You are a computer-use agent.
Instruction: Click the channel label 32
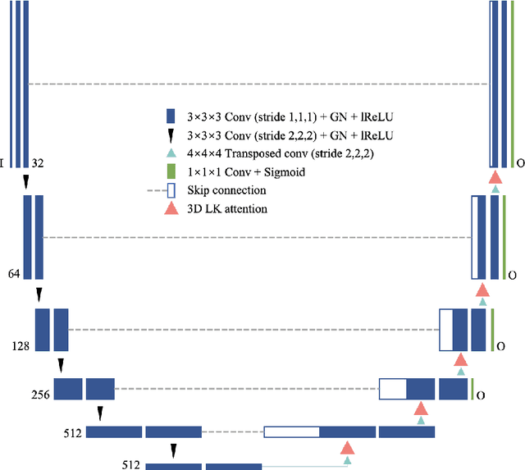click(38, 164)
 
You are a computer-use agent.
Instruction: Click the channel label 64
click(14, 274)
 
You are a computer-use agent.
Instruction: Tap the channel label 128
click(21, 346)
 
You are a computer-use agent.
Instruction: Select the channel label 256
click(40, 395)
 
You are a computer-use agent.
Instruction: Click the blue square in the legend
click(171, 116)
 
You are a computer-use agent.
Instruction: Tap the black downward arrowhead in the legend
click(171, 135)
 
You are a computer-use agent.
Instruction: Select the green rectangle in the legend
click(171, 171)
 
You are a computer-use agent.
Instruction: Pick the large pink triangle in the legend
click(171, 208)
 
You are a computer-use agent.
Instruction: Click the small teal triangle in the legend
click(171, 153)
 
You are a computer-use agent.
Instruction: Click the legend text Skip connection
click(226, 190)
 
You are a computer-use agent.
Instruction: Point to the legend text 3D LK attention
click(227, 209)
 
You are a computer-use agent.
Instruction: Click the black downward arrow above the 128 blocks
click(39, 294)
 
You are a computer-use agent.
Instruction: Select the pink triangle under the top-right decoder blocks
click(495, 177)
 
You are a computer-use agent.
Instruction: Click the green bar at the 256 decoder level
click(472, 389)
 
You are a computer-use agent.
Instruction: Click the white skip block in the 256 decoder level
click(393, 389)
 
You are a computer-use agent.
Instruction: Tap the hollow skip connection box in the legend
click(171, 190)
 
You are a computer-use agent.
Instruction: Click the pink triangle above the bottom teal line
click(347, 447)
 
